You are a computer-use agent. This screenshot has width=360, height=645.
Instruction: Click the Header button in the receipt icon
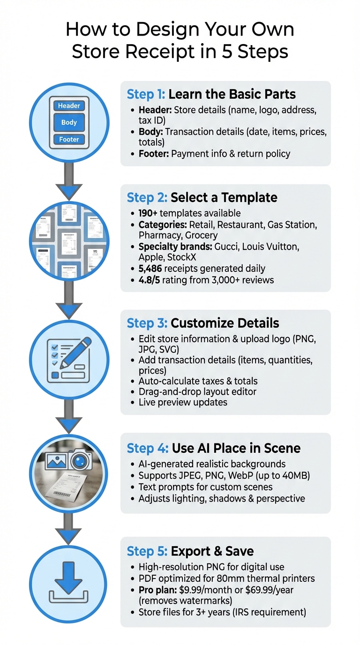[69, 106]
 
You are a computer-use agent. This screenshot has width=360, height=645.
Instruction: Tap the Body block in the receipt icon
[69, 123]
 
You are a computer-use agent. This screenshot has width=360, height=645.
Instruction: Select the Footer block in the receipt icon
[69, 139]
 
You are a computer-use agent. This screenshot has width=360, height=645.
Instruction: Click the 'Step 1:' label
[146, 94]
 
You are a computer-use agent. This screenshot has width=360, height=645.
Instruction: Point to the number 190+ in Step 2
[148, 213]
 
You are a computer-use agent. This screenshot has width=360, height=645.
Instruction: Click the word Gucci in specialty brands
[228, 246]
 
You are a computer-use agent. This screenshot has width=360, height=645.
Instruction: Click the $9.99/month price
[202, 590]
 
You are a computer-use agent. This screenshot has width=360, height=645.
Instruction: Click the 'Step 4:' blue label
[147, 448]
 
